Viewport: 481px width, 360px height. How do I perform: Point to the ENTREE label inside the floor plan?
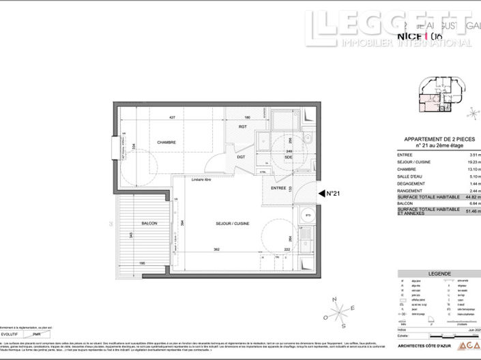click(x=278, y=187)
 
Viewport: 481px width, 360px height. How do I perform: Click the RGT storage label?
click(x=242, y=127)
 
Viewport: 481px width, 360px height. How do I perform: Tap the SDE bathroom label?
click(x=289, y=157)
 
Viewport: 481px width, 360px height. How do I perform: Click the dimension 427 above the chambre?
click(x=173, y=118)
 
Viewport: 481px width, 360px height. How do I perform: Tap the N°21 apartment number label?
click(x=334, y=194)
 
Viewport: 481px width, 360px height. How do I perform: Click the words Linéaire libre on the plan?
click(x=201, y=179)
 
